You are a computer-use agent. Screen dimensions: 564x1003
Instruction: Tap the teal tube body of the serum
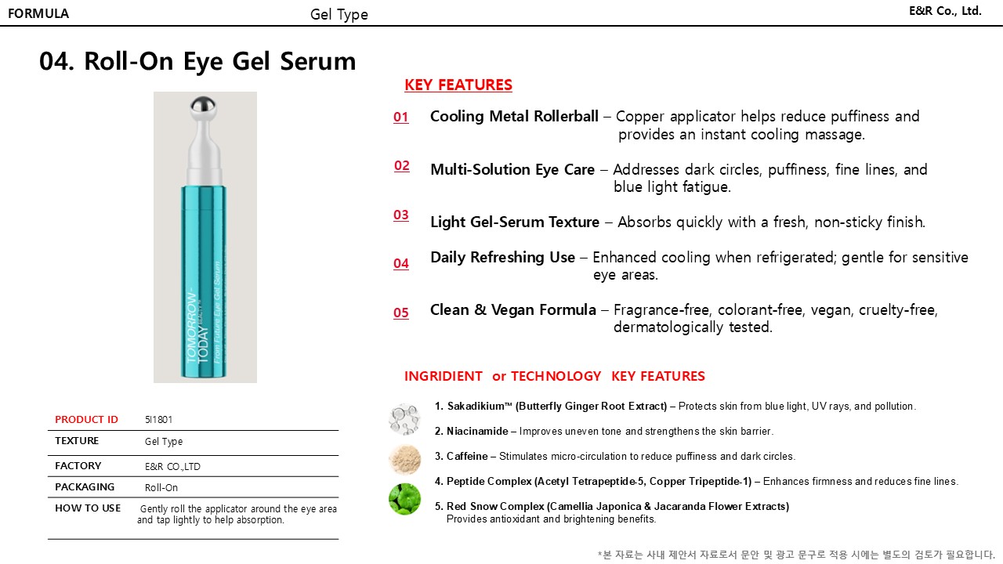pyautogui.click(x=205, y=282)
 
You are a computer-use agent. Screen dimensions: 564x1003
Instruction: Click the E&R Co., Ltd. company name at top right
pyautogui.click(x=945, y=11)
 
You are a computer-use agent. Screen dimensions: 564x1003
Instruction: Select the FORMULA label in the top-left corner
pyautogui.click(x=38, y=13)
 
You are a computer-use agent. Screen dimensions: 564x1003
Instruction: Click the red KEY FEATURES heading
pyautogui.click(x=458, y=85)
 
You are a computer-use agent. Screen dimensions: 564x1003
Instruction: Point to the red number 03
pyautogui.click(x=401, y=215)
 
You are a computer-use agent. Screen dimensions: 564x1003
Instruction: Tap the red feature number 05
pyautogui.click(x=401, y=313)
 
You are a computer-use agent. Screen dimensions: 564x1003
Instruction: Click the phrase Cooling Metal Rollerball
pyautogui.click(x=514, y=117)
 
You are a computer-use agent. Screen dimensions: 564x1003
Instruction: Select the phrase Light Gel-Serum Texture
pyautogui.click(x=515, y=222)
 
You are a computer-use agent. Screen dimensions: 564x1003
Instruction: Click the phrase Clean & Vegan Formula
pyautogui.click(x=513, y=310)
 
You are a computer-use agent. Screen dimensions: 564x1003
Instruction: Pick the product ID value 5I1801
pyautogui.click(x=154, y=420)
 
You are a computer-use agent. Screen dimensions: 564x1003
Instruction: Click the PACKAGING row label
pyautogui.click(x=85, y=487)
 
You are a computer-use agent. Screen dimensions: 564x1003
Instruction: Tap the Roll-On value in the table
pyautogui.click(x=161, y=487)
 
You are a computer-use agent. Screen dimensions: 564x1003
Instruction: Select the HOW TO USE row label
pyautogui.click(x=88, y=508)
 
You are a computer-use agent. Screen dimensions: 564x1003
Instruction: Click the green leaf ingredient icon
pyautogui.click(x=404, y=499)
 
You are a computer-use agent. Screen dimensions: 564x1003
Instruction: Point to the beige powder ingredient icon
pyautogui.click(x=404, y=460)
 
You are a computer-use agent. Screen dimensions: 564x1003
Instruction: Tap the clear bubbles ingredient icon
pyautogui.click(x=404, y=419)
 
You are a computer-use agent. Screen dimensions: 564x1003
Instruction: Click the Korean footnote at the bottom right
pyautogui.click(x=795, y=555)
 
